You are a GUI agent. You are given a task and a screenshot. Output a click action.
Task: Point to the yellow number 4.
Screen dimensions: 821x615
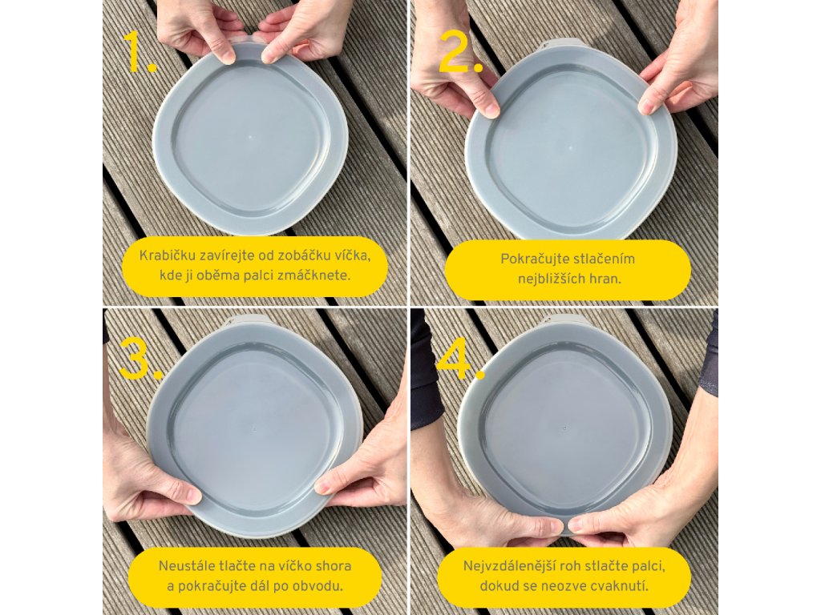pyautogui.click(x=459, y=359)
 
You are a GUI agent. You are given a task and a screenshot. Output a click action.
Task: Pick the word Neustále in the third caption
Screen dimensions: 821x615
pyautogui.click(x=183, y=566)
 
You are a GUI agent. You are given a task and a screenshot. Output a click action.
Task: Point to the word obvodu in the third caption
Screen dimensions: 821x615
pyautogui.click(x=320, y=586)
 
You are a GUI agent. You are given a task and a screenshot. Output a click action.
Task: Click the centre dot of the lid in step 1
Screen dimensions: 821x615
pyautogui.click(x=250, y=138)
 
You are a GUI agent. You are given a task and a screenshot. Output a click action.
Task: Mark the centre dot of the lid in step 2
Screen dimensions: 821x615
pyautogui.click(x=570, y=148)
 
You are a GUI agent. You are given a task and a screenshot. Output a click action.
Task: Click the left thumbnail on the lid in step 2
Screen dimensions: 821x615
pyautogui.click(x=491, y=110)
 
